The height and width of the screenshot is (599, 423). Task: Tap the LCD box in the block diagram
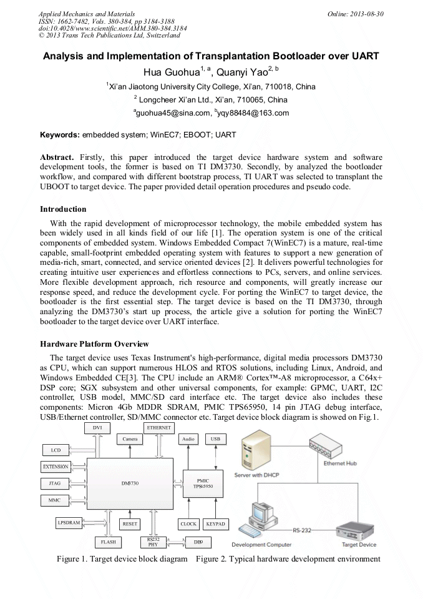pyautogui.click(x=55, y=450)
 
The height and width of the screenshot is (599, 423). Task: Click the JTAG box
pyautogui.click(x=55, y=483)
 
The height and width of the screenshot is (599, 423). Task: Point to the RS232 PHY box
pyautogui.click(x=153, y=542)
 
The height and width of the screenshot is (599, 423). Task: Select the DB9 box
pyautogui.click(x=197, y=542)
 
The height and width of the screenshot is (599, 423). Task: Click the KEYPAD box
pyautogui.click(x=216, y=524)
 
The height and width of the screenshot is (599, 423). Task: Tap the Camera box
pyautogui.click(x=130, y=439)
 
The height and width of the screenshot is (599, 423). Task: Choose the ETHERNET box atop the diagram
pyautogui.click(x=160, y=427)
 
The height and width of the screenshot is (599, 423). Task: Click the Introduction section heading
pyautogui.click(x=63, y=209)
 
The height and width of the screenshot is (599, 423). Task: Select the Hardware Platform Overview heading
pyautogui.click(x=94, y=344)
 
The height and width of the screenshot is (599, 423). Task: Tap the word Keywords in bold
pyautogui.click(x=60, y=134)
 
